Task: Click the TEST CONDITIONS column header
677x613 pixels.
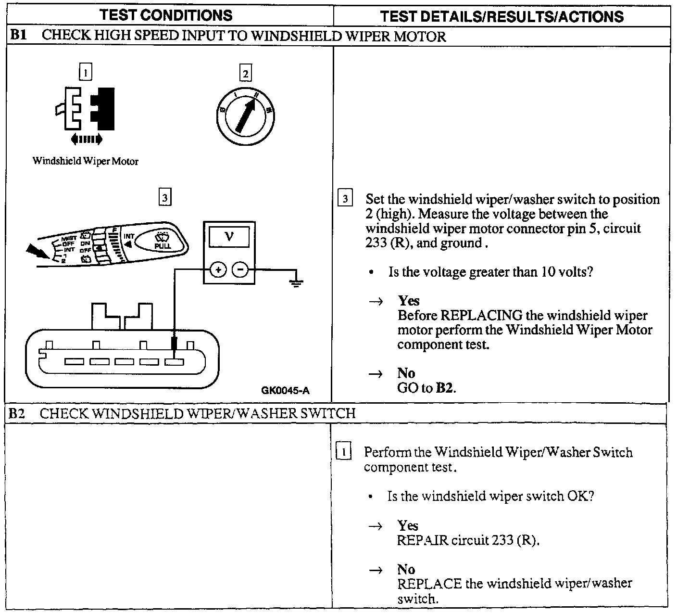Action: [166, 15]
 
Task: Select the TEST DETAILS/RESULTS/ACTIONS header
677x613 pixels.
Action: [501, 16]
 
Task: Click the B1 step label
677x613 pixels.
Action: [18, 36]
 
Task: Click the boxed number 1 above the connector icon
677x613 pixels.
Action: [85, 73]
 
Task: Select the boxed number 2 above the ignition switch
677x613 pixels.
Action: [245, 74]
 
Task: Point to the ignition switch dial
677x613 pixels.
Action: [245, 115]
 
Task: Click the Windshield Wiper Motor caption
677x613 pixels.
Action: [86, 161]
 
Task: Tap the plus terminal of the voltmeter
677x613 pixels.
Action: [218, 270]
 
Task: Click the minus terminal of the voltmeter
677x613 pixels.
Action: [240, 270]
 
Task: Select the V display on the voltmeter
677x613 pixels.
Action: [229, 237]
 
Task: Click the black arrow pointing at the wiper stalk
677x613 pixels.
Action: [37, 251]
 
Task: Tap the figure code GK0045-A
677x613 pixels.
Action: [286, 390]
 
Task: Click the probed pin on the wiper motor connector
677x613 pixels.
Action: [174, 361]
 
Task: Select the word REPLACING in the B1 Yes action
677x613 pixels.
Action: [481, 316]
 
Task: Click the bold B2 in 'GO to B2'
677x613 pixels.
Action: [444, 388]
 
